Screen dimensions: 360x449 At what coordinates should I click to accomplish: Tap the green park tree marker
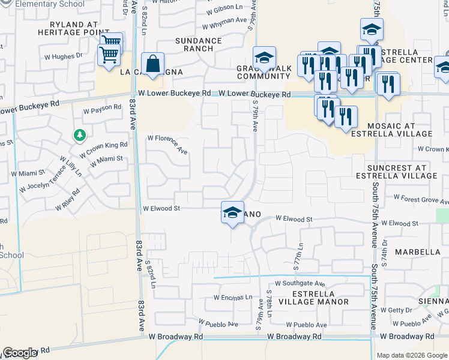coord(79,135)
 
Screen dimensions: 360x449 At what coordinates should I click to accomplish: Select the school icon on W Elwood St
coord(232,213)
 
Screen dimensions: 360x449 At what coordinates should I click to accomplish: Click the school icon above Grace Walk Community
coord(264,58)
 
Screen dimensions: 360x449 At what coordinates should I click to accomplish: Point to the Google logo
coord(19,353)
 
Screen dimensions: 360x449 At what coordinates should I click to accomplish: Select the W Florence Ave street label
coord(168,144)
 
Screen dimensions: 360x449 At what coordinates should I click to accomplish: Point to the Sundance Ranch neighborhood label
coord(198,45)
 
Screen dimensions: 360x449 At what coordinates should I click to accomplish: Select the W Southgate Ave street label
coord(300,283)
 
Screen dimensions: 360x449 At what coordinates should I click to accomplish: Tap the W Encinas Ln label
coord(233,297)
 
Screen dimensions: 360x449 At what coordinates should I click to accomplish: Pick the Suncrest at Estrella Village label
coord(405,172)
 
